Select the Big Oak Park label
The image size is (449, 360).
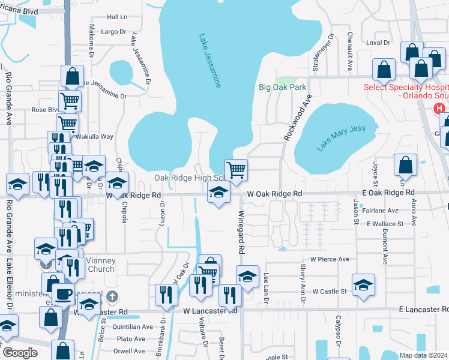(283, 87)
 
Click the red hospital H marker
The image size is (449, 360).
(439, 109)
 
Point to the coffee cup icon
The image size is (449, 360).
(63, 294)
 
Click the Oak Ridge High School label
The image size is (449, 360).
(189, 178)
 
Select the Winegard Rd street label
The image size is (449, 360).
(242, 231)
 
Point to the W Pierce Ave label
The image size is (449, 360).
(329, 259)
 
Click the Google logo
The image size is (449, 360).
(19, 353)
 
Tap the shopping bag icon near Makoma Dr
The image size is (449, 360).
(72, 76)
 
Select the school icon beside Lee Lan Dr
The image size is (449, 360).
(247, 276)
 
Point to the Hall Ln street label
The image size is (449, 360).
(117, 17)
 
